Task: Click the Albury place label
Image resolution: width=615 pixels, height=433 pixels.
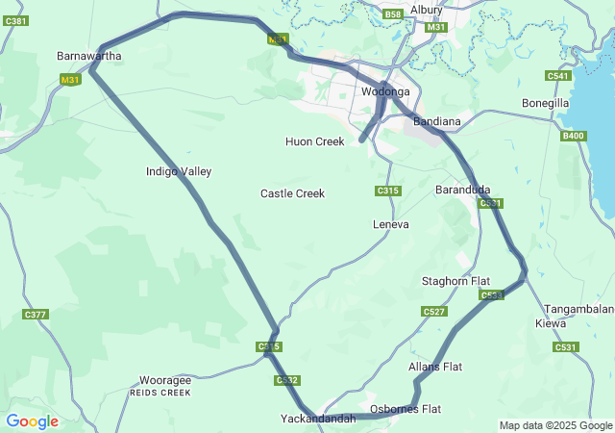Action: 426,10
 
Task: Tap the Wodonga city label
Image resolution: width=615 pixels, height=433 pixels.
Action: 385,92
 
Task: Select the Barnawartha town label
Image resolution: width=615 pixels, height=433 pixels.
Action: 89,56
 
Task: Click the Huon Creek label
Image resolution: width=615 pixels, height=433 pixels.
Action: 314,141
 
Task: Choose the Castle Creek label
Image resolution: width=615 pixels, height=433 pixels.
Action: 292,193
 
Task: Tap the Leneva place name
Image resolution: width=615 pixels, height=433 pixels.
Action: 390,224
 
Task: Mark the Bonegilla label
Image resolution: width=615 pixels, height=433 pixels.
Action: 546,103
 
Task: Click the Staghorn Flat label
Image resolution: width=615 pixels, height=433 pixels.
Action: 455,281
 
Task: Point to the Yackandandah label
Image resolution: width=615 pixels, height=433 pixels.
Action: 318,419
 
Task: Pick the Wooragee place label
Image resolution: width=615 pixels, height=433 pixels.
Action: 165,380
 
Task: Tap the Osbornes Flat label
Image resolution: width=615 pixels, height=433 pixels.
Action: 406,409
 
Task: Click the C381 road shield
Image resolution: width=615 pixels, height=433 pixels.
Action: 15,19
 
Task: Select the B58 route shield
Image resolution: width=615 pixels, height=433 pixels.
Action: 392,14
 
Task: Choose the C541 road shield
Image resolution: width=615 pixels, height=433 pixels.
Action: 557,76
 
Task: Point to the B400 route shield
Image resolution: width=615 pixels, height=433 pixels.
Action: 573,136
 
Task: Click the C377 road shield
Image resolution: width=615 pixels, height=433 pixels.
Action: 36,315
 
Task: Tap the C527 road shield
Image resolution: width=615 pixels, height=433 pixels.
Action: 434,312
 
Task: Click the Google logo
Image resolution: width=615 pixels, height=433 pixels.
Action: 32,421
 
